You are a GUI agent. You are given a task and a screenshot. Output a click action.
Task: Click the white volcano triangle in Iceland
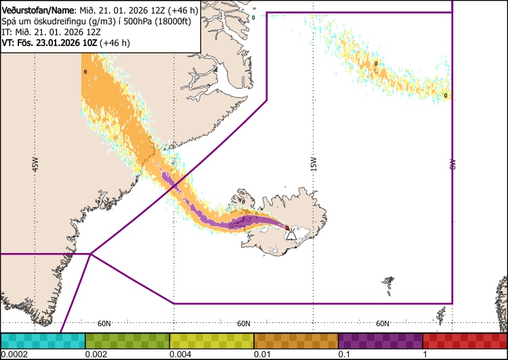point(291,235)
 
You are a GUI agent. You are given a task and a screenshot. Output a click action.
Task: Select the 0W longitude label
point(452,164)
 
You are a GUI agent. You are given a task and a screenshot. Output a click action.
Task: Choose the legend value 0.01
point(261,354)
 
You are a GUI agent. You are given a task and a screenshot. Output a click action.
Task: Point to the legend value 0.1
point(344,354)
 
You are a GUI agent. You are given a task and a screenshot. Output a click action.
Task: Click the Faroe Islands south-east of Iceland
point(387,281)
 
